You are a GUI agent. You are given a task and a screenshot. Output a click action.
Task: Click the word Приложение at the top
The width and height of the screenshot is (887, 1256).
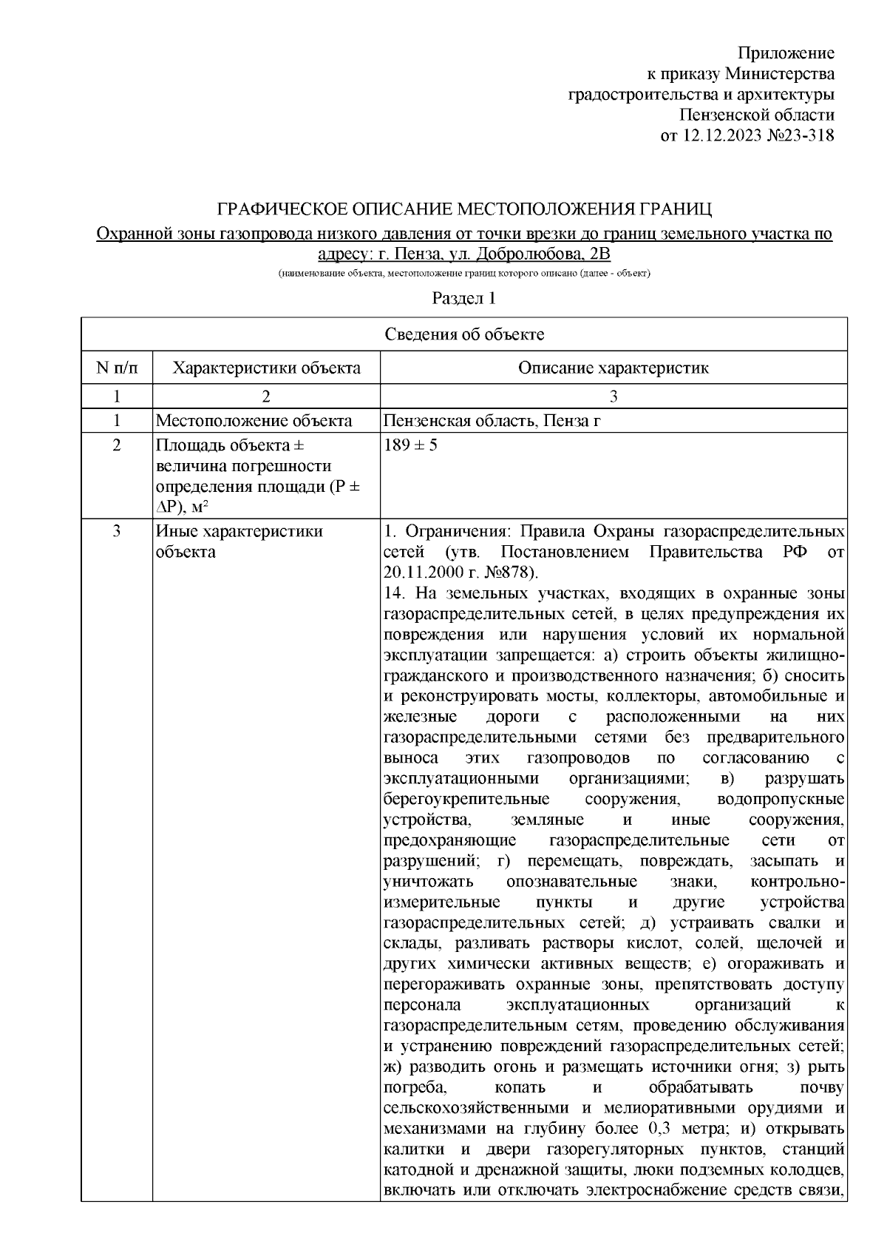(786, 53)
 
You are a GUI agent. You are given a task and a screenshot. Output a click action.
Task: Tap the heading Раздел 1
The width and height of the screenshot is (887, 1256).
(463, 299)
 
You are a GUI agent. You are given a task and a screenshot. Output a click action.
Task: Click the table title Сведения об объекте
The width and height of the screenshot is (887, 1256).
(464, 334)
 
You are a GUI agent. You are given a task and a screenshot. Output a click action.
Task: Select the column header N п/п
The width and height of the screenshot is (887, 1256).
(117, 368)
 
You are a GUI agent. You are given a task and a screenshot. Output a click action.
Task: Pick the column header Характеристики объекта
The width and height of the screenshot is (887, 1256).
(266, 368)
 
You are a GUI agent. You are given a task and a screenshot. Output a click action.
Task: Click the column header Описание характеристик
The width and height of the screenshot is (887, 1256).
(613, 368)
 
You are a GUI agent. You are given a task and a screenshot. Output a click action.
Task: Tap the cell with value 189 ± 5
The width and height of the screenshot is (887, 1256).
(411, 447)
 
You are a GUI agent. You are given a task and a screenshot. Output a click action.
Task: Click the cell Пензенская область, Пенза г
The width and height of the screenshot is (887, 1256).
(491, 422)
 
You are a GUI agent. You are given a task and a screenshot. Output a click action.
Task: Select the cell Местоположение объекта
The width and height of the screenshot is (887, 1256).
(254, 422)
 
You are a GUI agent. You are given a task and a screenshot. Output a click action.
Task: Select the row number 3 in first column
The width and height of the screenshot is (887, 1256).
(117, 532)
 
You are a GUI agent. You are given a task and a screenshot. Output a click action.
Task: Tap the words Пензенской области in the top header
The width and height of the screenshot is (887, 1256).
(757, 115)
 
